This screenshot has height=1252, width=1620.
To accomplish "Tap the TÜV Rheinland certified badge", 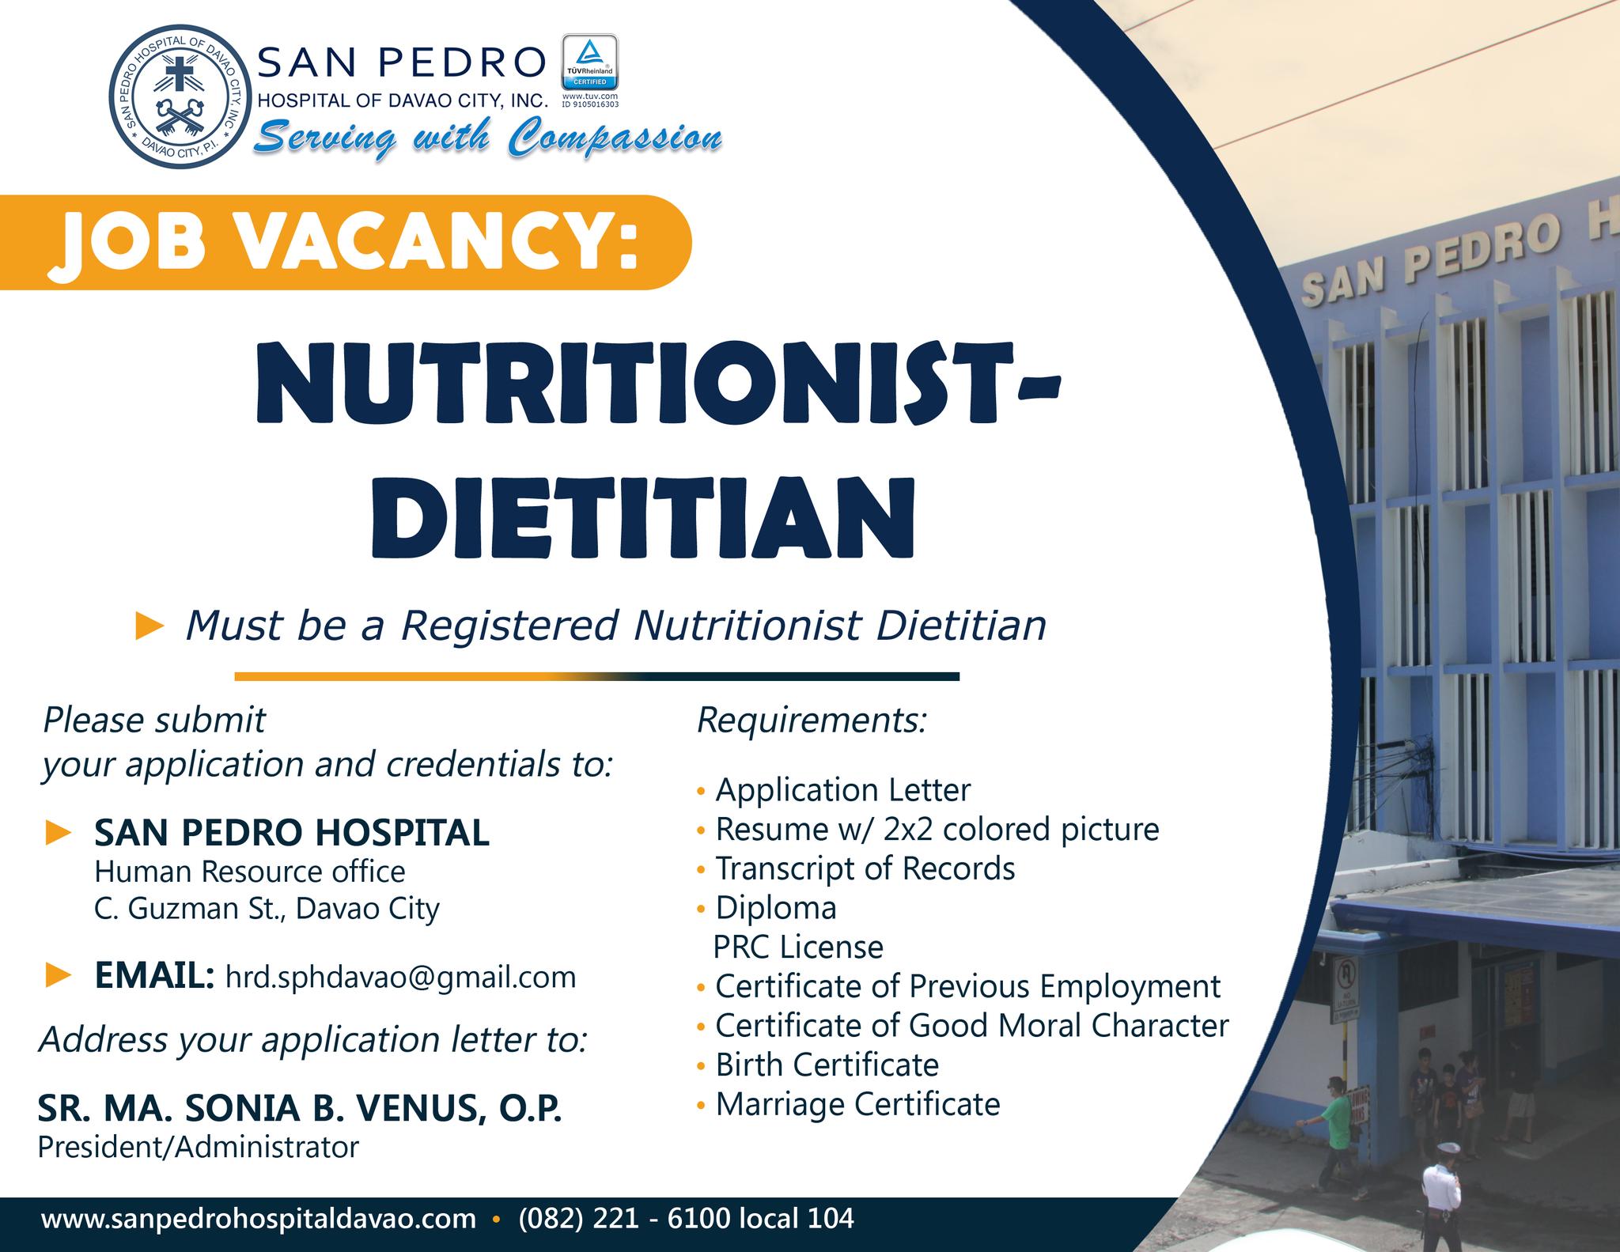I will pyautogui.click(x=589, y=62).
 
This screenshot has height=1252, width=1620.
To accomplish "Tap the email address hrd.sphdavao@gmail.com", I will pyautogui.click(x=401, y=977).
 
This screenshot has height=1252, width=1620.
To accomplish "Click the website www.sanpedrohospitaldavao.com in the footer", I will pyautogui.click(x=259, y=1218).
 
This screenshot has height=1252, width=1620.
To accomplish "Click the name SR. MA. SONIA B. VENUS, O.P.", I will pyautogui.click(x=300, y=1110).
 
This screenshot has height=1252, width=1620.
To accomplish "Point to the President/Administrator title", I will pyautogui.click(x=199, y=1147).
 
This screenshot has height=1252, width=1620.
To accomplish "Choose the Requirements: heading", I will pyautogui.click(x=811, y=721).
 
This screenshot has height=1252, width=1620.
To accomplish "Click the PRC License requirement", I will pyautogui.click(x=798, y=947).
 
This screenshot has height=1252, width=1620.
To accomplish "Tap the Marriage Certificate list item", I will pyautogui.click(x=857, y=1104).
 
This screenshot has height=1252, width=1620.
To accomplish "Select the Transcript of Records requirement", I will pyautogui.click(x=865, y=868).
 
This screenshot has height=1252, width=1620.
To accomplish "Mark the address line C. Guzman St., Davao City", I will pyautogui.click(x=267, y=909).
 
